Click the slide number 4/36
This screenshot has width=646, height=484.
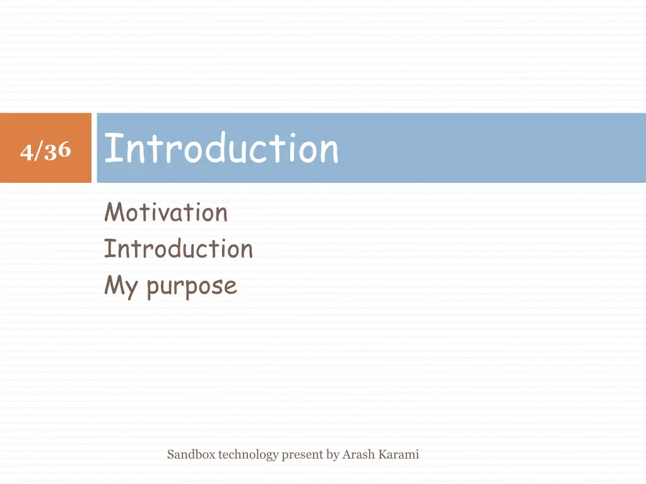pos(45,151)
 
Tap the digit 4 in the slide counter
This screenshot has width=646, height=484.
pos(26,152)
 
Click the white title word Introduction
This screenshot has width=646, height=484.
pos(221,149)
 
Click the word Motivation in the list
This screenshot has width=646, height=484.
pos(165,212)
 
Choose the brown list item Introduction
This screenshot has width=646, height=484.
pos(178,249)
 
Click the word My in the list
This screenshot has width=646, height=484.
pos(120,287)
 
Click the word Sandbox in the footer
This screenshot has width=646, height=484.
pos(191,454)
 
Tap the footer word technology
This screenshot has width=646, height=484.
pos(248,455)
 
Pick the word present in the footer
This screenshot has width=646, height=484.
pos(303,455)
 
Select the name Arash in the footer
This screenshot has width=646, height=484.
pos(358,454)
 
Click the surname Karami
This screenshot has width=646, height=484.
pos(399,454)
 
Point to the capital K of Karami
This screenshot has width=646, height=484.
pos(382,454)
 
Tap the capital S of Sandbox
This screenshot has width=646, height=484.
pos(170,454)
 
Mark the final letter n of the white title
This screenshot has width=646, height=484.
pos(329,151)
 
